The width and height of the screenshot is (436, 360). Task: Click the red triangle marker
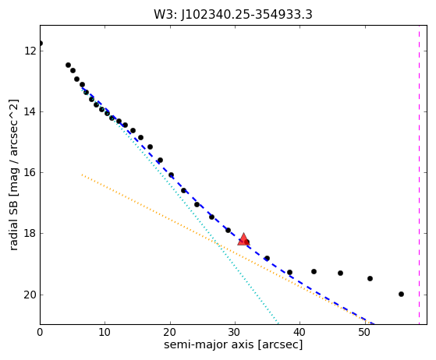(243, 239)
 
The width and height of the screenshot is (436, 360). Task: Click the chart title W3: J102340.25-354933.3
(233, 15)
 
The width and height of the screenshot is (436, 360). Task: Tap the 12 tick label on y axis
(30, 51)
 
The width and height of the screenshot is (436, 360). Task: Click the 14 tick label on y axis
(30, 111)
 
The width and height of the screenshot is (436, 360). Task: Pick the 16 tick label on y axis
(30, 172)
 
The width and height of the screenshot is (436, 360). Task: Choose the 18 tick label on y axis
(30, 233)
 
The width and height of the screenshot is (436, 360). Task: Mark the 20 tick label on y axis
(30, 295)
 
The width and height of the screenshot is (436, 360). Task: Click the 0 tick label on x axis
(40, 332)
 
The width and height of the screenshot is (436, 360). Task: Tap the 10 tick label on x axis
(105, 332)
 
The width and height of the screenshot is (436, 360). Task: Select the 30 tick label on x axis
(235, 332)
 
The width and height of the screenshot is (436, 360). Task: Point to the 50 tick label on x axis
(365, 332)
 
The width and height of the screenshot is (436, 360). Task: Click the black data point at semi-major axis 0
(41, 44)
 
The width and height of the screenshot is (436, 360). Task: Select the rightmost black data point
(401, 294)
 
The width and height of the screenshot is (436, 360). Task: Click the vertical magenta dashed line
(419, 175)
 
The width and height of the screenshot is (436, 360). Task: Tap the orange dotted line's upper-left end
(82, 175)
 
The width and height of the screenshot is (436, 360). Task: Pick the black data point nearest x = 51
(370, 278)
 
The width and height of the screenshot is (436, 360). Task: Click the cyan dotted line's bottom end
(278, 323)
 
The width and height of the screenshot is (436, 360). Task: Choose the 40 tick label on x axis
(300, 332)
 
